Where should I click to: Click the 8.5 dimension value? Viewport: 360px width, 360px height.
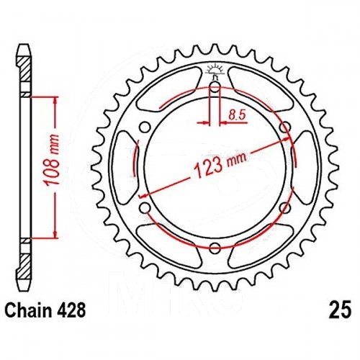(237, 115)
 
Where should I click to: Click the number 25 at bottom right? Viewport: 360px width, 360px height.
(341, 310)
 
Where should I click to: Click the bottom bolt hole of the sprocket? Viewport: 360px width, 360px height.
(215, 248)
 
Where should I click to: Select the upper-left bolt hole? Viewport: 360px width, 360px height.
(145, 127)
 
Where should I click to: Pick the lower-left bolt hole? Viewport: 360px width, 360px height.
(145, 207)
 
